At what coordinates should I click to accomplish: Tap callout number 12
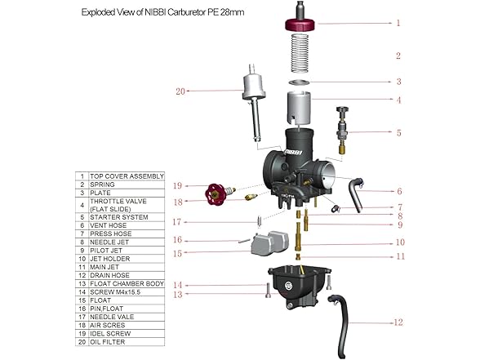pos(398,322)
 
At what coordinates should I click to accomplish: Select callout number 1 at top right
pos(398,23)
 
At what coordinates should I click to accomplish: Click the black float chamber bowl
pos(297,290)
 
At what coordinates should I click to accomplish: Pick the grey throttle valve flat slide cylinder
pos(302,108)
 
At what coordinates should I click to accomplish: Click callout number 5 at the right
pos(398,132)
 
